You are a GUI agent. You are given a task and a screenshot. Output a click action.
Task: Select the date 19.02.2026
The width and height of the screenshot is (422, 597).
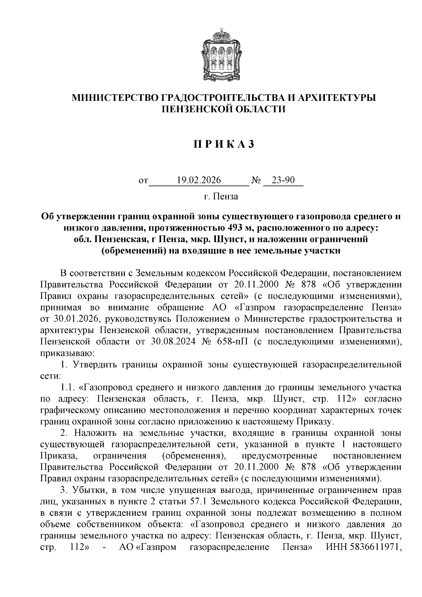[x=199, y=180]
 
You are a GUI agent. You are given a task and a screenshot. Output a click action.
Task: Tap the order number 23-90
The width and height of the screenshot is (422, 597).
[x=283, y=180]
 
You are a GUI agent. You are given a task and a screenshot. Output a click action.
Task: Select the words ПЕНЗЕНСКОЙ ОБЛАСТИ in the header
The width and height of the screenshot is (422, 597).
[x=223, y=109]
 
